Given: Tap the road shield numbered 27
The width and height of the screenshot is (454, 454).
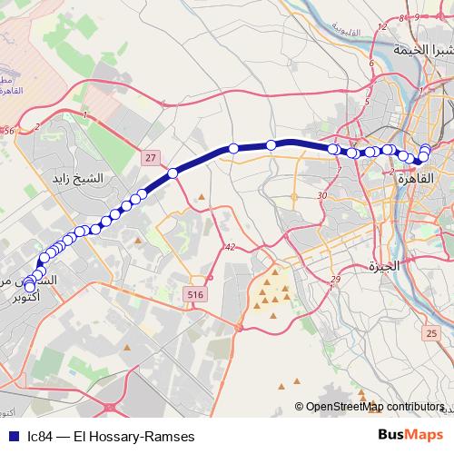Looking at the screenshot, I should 150,157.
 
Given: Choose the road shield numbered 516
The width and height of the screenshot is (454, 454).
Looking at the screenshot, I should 194,295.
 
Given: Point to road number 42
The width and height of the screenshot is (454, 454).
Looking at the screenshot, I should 231,247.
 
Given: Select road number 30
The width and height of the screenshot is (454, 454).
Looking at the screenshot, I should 322,195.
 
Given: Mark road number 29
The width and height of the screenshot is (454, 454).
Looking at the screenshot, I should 335,279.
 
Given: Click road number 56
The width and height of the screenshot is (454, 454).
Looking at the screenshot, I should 9,131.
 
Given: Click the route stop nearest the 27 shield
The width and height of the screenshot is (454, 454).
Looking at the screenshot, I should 173,173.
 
